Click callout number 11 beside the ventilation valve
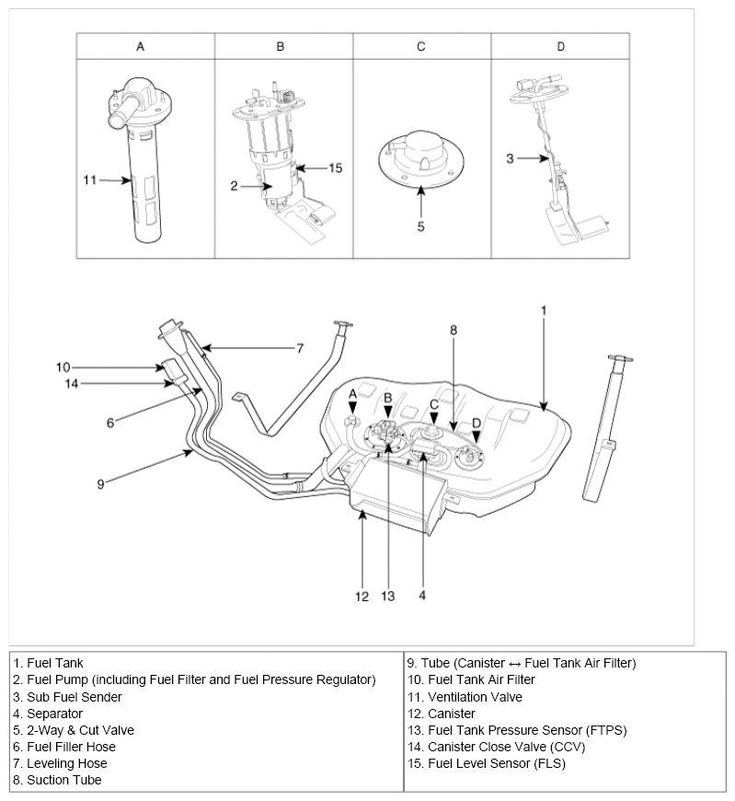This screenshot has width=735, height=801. [89, 180]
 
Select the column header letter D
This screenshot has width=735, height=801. [560, 46]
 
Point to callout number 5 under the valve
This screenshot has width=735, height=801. [420, 226]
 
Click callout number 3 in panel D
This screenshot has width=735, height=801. [510, 158]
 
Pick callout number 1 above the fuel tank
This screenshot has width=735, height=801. [543, 310]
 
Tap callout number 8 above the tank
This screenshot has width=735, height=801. [453, 329]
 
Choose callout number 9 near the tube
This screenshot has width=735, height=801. [100, 482]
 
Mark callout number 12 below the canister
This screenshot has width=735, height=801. [362, 596]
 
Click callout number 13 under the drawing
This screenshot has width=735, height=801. [387, 596]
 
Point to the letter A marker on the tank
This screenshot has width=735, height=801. [351, 393]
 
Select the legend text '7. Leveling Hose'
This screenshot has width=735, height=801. [61, 763]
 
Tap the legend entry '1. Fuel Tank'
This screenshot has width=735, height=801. [48, 663]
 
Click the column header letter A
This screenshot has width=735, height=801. [140, 46]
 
